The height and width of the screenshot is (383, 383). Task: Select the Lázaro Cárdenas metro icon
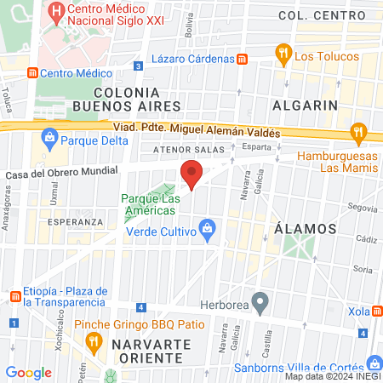[x=243, y=59]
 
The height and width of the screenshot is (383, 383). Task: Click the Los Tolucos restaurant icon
[x=283, y=56]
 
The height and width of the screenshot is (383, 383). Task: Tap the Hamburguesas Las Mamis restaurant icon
[x=358, y=133]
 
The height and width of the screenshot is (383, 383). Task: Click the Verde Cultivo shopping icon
[x=206, y=229]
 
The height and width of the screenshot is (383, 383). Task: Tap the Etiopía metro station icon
[x=14, y=295]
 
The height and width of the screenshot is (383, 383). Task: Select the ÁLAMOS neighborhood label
[x=306, y=229]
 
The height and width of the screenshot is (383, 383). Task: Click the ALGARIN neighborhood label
[x=305, y=105]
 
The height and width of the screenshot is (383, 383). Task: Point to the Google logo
[x=28, y=372]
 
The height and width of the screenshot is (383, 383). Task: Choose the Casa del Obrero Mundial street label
[x=61, y=172]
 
